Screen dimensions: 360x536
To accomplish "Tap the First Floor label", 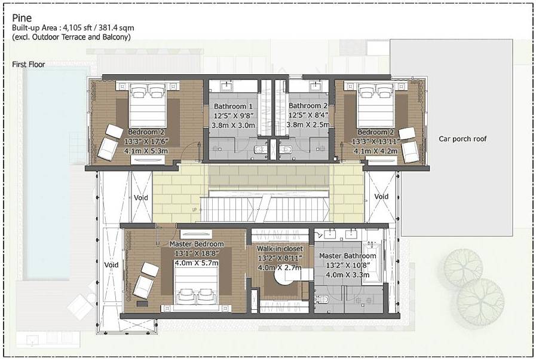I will click(x=29, y=64).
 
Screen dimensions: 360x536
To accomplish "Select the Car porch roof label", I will click(x=463, y=139).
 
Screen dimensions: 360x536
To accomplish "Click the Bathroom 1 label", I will click(x=234, y=106).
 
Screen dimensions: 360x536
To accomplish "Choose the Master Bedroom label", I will click(x=197, y=244).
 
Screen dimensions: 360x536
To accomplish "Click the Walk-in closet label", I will click(x=280, y=248).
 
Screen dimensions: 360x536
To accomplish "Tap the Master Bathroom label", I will click(x=351, y=255).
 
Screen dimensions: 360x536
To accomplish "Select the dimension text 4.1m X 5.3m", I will click(x=146, y=151).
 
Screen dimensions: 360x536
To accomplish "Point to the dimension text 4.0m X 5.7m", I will click(x=196, y=262).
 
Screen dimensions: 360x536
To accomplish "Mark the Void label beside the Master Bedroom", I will click(x=111, y=264).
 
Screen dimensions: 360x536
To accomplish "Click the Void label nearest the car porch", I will click(x=381, y=196).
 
